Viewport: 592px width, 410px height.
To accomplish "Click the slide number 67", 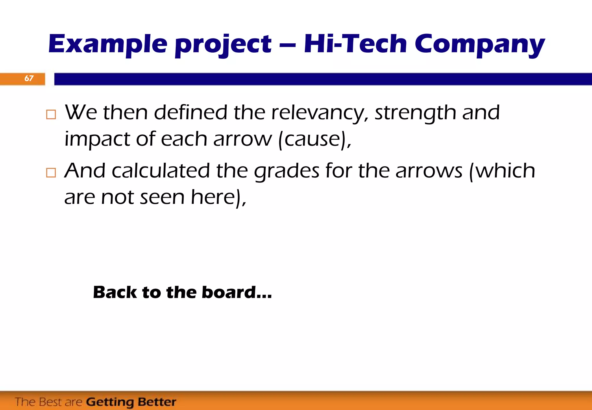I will click(x=29, y=78).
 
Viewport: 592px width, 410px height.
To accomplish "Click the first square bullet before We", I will click(x=51, y=114).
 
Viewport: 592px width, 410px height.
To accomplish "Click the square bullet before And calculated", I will click(x=51, y=173).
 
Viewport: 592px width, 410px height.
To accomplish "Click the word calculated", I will click(x=161, y=171).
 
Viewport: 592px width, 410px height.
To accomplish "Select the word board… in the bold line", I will click(x=237, y=292).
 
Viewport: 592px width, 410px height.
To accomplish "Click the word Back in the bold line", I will click(x=115, y=292).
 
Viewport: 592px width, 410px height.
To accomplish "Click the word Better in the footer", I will click(x=157, y=402).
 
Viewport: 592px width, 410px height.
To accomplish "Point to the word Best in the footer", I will click(x=51, y=402).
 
